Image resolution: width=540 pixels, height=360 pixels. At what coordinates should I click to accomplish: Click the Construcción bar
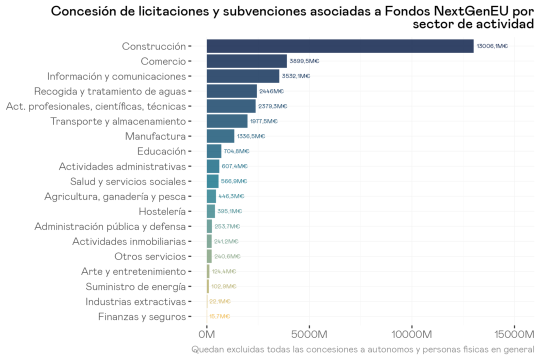340,46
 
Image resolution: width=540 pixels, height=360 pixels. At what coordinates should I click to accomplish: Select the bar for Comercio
246,61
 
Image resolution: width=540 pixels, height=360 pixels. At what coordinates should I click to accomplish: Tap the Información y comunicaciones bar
243,76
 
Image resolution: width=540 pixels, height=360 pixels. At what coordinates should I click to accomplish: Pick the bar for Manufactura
220,136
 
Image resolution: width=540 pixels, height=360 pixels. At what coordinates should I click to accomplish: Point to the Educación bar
214,151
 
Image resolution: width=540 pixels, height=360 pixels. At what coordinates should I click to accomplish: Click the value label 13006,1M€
492,46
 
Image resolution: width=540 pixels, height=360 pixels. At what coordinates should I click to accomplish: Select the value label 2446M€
271,91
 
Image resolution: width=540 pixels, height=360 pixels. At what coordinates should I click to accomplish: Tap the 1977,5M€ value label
263,121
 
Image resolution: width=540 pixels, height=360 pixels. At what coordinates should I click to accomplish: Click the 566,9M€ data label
234,181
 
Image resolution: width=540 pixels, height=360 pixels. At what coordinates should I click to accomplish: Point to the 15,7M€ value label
219,316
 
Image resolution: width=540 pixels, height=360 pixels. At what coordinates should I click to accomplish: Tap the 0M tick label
206,333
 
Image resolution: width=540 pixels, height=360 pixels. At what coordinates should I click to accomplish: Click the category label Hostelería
162,211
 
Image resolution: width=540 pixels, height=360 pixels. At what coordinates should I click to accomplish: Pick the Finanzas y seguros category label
141,316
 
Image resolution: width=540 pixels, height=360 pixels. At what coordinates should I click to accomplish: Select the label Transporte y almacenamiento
118,121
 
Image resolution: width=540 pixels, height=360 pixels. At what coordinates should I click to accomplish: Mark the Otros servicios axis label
150,256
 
